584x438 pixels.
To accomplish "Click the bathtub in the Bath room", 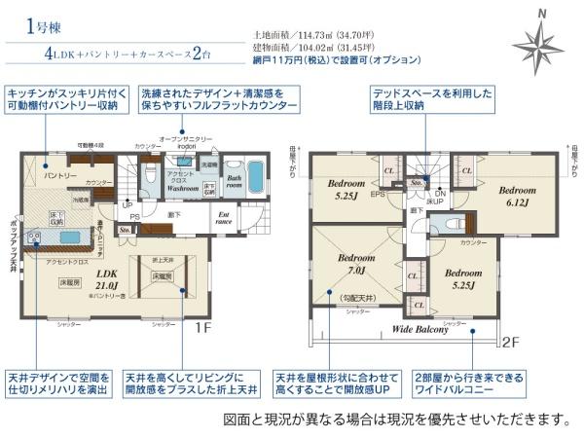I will pyautogui.click(x=254, y=177).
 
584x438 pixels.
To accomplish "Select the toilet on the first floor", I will pyautogui.click(x=150, y=176).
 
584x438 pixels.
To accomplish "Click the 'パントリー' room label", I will pyautogui.click(x=57, y=175).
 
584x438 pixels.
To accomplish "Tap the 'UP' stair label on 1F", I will pyautogui.click(x=127, y=206).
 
